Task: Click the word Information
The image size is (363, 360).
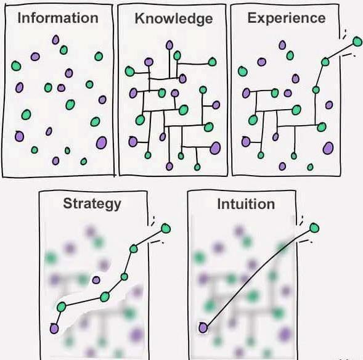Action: (x=58, y=18)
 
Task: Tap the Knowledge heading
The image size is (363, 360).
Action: (x=174, y=18)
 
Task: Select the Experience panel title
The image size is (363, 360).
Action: (x=287, y=18)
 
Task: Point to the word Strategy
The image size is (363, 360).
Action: (x=92, y=203)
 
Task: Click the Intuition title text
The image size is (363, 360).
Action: (x=246, y=204)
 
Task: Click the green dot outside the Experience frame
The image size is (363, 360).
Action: (x=357, y=42)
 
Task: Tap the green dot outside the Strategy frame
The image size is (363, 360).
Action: (x=166, y=229)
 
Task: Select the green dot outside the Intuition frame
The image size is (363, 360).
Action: (x=314, y=228)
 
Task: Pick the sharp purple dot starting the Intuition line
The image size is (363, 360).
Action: (x=203, y=328)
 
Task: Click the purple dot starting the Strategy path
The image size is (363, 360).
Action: (x=54, y=329)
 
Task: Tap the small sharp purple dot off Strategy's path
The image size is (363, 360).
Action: (x=96, y=280)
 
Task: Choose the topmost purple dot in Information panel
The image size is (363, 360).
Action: (x=55, y=40)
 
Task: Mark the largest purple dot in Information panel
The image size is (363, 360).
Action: (x=102, y=142)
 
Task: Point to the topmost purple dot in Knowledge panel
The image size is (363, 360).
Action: (x=169, y=45)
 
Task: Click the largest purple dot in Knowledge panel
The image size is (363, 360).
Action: (x=215, y=148)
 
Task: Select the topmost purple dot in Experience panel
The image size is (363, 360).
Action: (x=282, y=45)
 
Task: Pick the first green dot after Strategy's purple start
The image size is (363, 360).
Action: (x=62, y=307)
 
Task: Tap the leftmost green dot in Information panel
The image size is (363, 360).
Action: (x=16, y=66)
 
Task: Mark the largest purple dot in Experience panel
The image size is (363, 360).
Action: (x=328, y=148)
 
